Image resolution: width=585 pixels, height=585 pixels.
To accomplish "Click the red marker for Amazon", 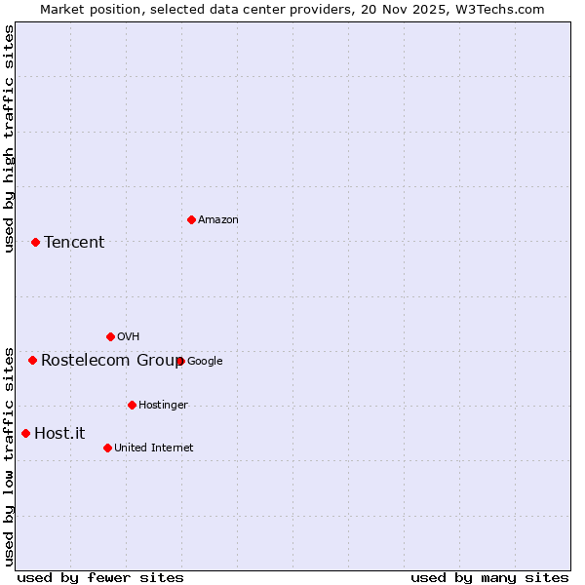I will coord(191,219).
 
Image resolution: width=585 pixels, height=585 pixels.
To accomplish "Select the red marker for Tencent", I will coord(35,242).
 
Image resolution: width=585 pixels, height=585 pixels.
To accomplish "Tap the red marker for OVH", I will coord(110,336).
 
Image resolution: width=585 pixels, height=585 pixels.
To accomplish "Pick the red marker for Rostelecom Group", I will coord(32,360).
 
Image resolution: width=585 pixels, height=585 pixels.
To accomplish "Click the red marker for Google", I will coord(180,361).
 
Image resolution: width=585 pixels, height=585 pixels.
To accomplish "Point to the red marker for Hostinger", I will coord(132,405).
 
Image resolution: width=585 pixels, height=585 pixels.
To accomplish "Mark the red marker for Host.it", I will coord(25,433).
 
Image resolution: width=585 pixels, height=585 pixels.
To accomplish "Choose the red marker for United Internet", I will coord(107,448).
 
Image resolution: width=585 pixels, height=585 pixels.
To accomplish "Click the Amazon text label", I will coord(218,220).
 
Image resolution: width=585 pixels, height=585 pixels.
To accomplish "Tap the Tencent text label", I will coord(74,243).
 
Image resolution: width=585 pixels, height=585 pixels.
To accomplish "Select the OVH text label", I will coord(128,337).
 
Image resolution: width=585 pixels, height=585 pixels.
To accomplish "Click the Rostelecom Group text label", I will coord(109,361).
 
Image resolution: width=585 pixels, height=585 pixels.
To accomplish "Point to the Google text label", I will coord(205,362).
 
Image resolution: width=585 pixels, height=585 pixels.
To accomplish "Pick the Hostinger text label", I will coord(163,406).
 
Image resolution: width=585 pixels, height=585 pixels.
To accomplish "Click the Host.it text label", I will coord(59,434).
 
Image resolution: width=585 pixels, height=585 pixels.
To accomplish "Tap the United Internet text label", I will coord(154,448).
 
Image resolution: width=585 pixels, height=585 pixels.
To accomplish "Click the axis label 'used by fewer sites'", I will coord(100,577).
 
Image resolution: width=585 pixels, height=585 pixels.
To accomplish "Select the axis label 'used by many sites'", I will coord(489,577).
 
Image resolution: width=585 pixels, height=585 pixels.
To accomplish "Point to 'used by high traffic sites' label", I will coord(9,138).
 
